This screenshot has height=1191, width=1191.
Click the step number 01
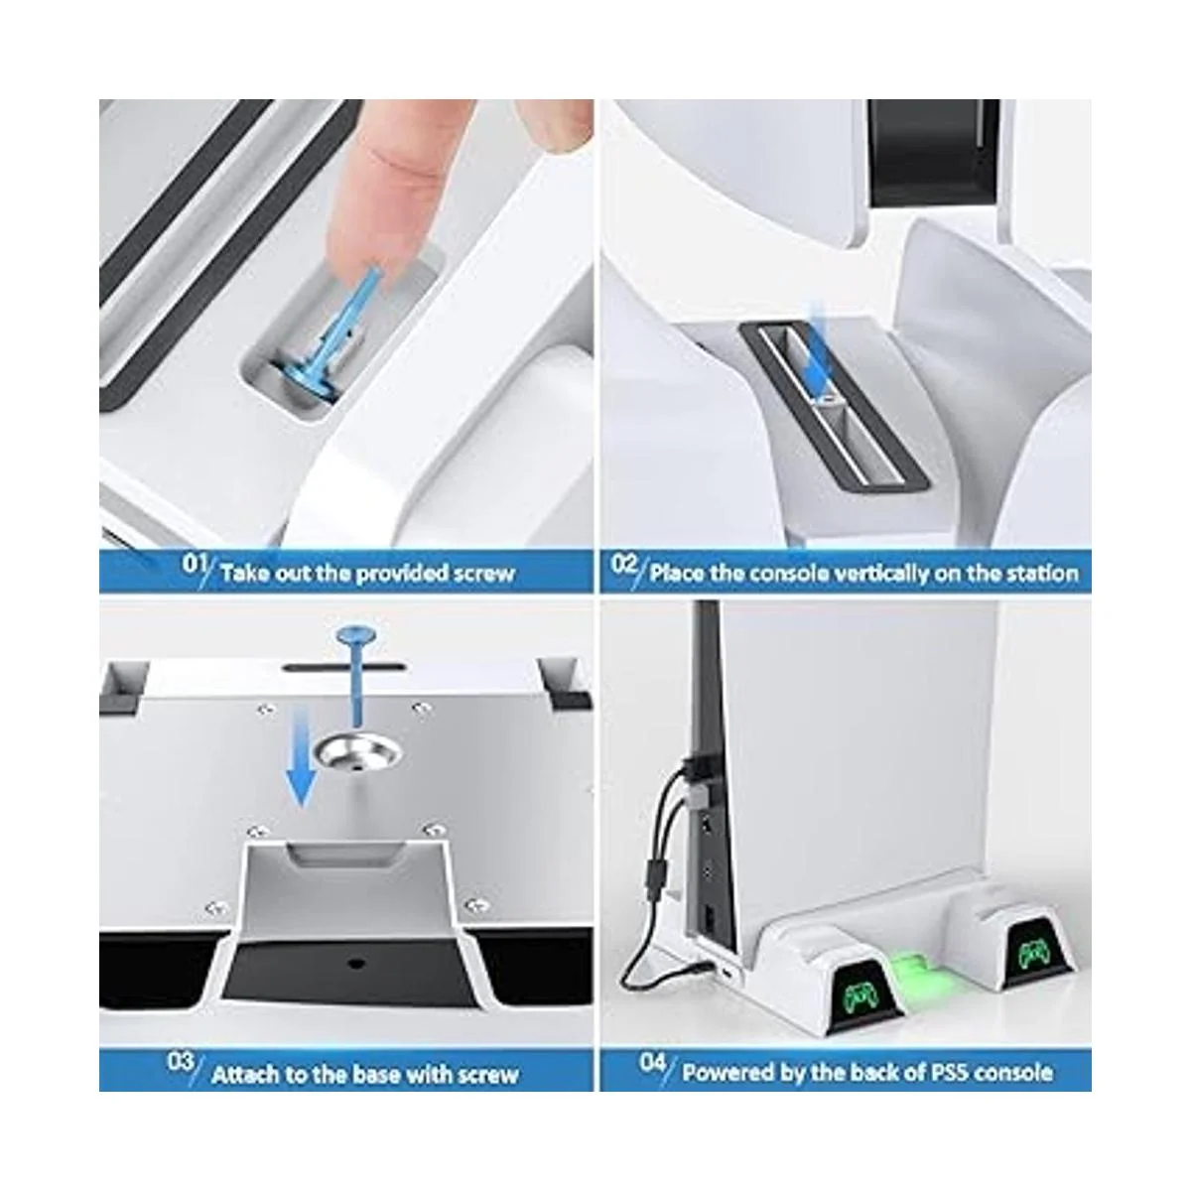[195, 565]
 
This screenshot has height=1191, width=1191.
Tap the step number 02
[624, 565]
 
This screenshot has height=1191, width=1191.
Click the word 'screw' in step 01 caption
[484, 574]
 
